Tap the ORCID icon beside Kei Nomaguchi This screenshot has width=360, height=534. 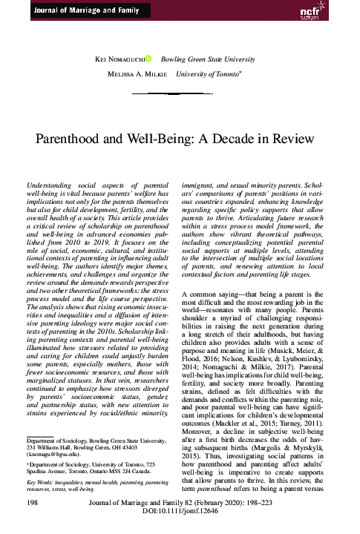tap(148, 56)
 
